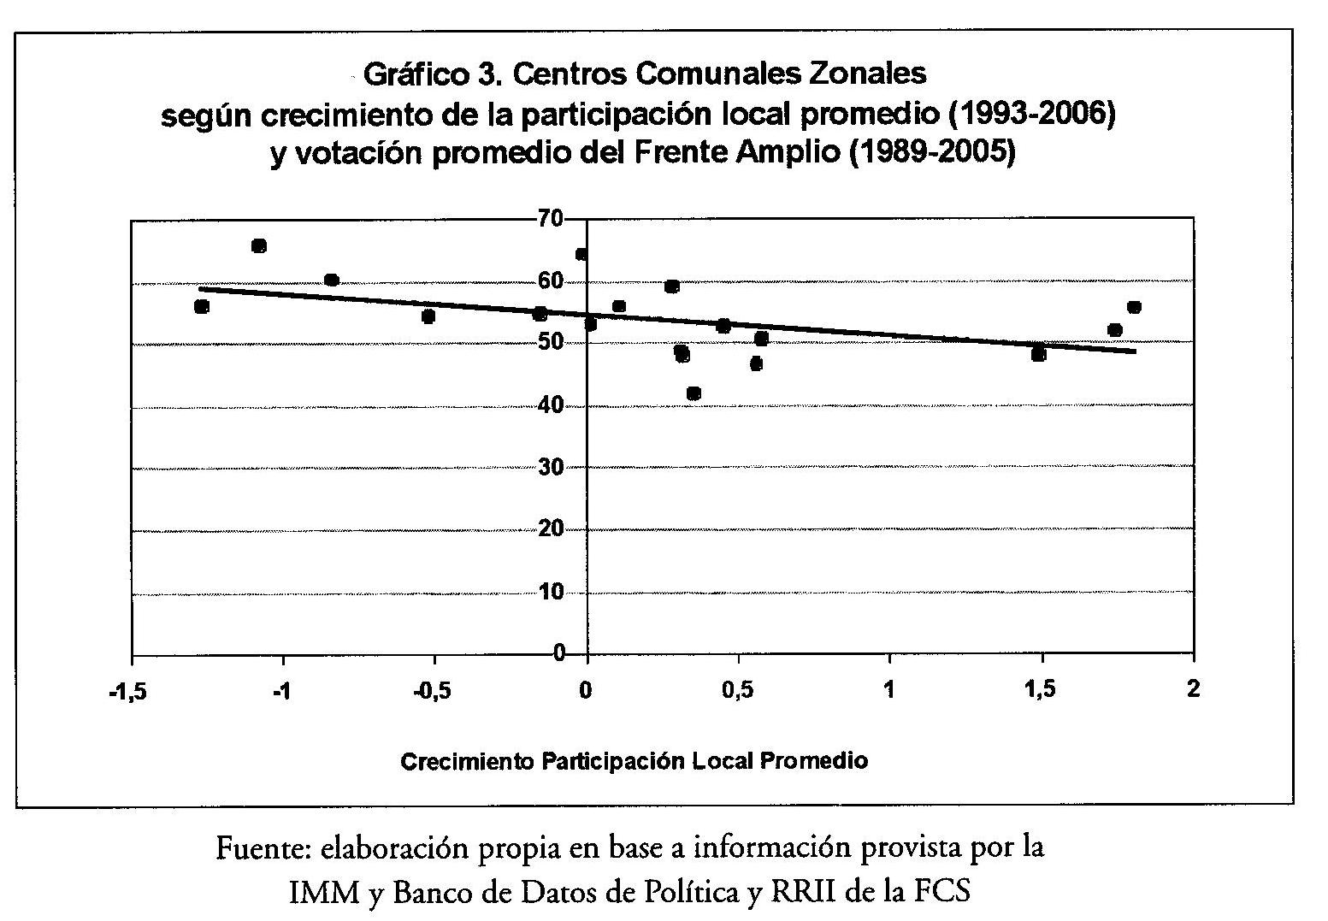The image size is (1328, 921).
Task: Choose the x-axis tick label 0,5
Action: click(x=738, y=691)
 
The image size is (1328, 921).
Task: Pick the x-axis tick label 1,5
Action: click(x=1041, y=691)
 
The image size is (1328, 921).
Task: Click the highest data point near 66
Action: click(x=259, y=246)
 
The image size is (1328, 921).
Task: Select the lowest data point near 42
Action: click(x=694, y=393)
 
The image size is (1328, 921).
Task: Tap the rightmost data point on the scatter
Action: click(x=1134, y=307)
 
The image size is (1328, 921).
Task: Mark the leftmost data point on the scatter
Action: click(x=202, y=306)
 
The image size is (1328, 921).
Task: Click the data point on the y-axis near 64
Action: click(x=581, y=254)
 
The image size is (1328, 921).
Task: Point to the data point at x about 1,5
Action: click(x=1039, y=354)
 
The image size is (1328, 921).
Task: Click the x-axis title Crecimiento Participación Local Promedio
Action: click(x=634, y=761)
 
